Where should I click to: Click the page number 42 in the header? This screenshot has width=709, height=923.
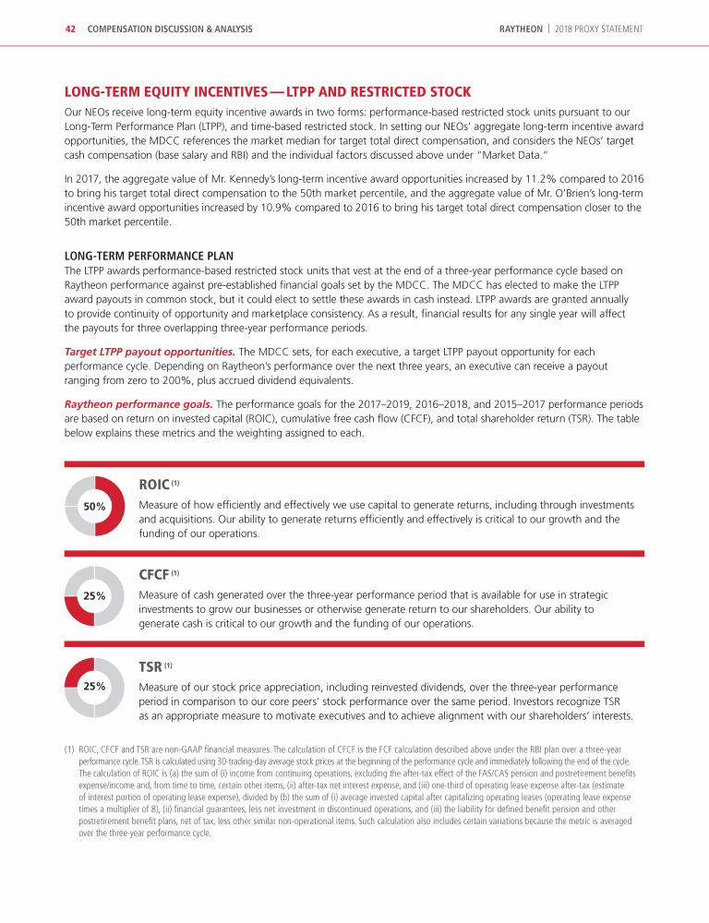click(x=69, y=29)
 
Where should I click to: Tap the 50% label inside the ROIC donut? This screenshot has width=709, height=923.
click(x=94, y=507)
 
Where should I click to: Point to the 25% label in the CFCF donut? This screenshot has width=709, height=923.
click(x=94, y=596)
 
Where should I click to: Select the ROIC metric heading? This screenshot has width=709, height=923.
click(x=153, y=484)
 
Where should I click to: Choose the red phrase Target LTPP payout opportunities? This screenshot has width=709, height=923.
click(x=149, y=352)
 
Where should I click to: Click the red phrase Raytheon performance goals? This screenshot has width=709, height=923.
click(x=138, y=403)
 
